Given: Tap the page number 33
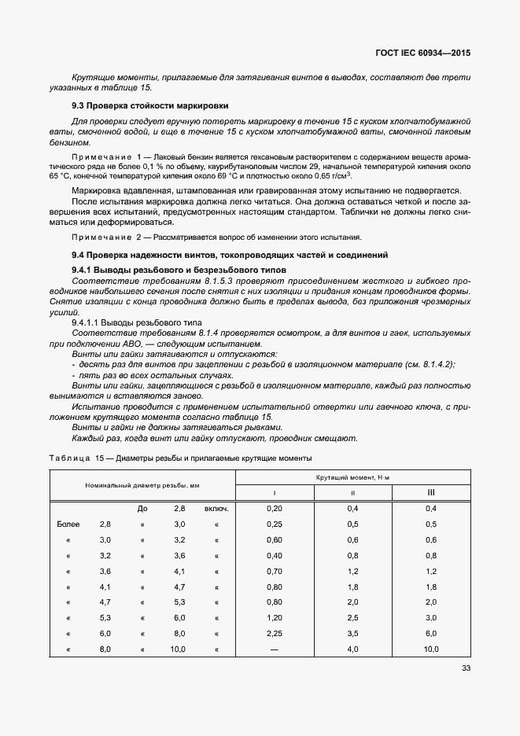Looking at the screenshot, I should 464,668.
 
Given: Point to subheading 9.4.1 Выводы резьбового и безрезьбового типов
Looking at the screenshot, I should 179,270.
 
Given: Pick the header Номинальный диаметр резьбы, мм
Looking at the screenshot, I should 142,485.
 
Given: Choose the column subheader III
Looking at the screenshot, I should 430,492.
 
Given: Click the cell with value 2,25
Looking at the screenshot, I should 275,633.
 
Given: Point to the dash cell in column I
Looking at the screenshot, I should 275,649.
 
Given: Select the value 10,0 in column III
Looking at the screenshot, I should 430,649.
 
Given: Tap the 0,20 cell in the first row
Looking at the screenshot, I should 275,509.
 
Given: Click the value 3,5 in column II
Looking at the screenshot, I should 352,633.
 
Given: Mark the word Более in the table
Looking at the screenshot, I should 68,524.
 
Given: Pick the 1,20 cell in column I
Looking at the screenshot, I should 275,617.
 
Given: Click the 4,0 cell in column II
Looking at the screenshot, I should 352,649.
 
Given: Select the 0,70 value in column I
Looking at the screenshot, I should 275,571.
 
